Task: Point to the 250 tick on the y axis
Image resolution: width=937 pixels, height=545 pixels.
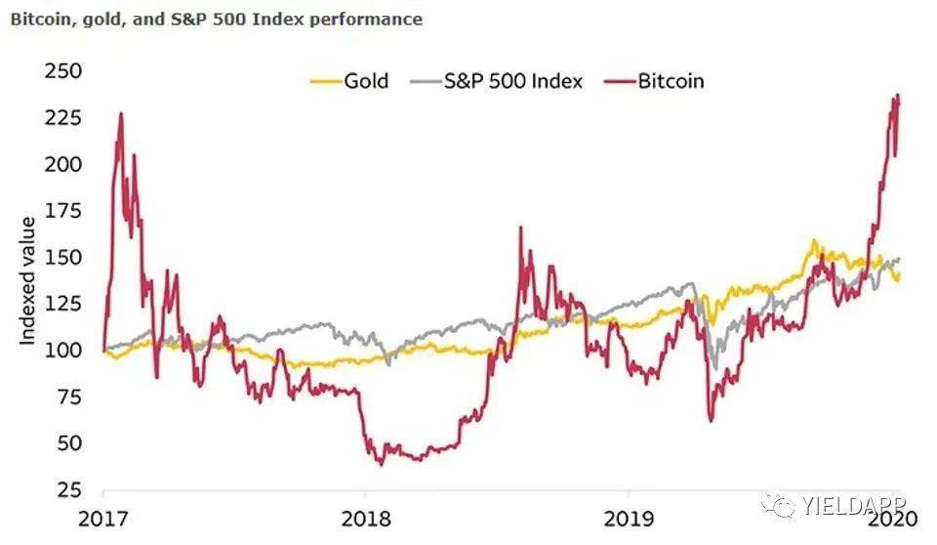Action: tap(63, 71)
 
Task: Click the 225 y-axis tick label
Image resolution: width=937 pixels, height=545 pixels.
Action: tap(63, 117)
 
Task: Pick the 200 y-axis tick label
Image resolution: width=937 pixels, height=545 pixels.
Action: tap(63, 164)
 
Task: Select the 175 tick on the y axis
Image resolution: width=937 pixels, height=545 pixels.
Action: tap(63, 210)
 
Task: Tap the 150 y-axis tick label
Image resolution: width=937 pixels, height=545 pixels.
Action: tap(63, 257)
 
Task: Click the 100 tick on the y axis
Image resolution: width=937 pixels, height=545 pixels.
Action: tap(63, 350)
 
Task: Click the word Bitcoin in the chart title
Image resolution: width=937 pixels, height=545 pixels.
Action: tap(39, 19)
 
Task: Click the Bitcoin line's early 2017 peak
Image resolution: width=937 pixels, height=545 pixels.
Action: tap(120, 113)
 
